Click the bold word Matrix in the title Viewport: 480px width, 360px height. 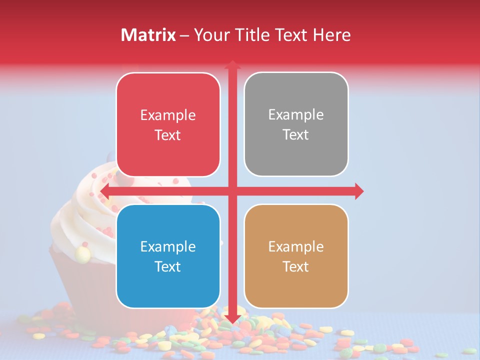[x=148, y=35]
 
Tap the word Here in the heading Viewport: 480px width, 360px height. [x=331, y=35]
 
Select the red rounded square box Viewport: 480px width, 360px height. [x=168, y=124]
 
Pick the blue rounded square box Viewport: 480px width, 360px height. [x=168, y=256]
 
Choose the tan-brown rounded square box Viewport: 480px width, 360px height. [x=296, y=256]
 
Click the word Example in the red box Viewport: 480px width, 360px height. [x=168, y=115]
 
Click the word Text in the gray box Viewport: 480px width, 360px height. [x=296, y=134]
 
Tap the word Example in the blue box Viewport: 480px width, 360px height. [x=168, y=246]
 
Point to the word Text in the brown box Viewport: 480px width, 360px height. [x=296, y=266]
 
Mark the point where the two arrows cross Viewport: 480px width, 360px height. [x=232, y=191]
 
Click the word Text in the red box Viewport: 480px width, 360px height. [x=168, y=135]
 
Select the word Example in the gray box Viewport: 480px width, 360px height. [x=296, y=115]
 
